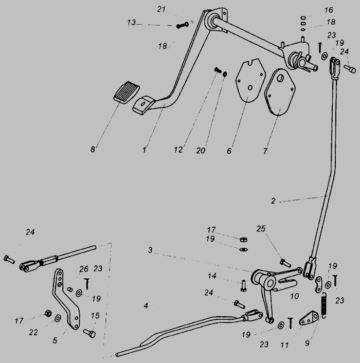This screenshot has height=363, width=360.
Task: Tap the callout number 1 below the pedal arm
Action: point(145,151)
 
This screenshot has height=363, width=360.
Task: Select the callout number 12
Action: point(178,150)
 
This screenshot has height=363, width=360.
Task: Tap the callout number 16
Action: point(329,10)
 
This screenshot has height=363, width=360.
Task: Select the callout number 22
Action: point(33,333)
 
